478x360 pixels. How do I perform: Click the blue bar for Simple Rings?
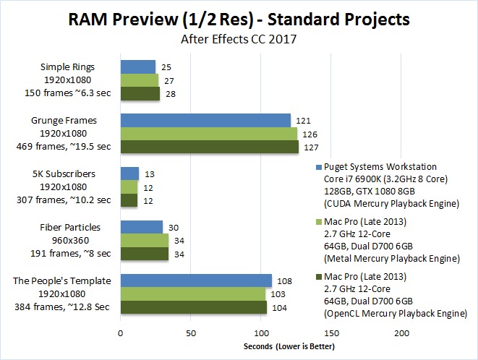[137, 67]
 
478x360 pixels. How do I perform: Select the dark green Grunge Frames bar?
[209, 147]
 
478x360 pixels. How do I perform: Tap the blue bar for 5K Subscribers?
[129, 173]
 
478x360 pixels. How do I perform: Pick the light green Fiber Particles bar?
[144, 240]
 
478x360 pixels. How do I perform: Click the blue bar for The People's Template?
[196, 280]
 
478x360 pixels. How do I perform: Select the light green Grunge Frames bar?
[208, 134]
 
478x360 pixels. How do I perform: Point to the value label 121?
[303, 120]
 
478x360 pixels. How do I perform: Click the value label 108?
[285, 280]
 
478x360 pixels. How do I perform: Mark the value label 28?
[172, 94]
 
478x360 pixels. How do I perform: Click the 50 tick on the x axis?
[191, 333]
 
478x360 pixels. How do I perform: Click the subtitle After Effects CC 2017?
[238, 40]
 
